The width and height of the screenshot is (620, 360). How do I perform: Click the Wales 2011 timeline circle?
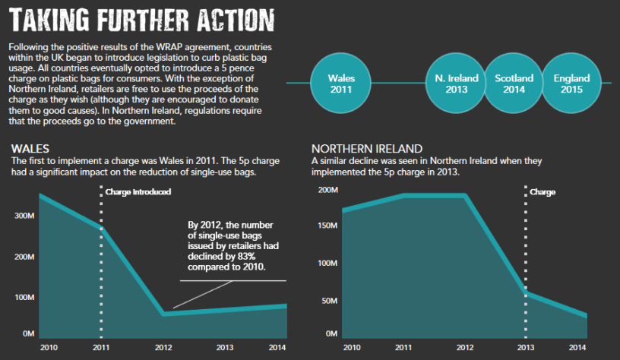tap(340, 84)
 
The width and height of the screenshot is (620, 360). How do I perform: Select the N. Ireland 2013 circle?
tap(456, 84)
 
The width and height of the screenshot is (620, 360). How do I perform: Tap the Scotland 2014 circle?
tap(514, 84)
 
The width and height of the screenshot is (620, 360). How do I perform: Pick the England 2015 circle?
tap(571, 84)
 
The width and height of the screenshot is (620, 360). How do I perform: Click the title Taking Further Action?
tap(143, 18)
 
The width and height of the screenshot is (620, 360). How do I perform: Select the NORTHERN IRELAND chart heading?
tap(366, 148)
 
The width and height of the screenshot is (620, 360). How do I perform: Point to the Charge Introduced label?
tap(138, 191)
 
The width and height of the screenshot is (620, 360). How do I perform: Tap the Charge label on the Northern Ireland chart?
tap(542, 191)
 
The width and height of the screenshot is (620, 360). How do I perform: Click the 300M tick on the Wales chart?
tap(24, 216)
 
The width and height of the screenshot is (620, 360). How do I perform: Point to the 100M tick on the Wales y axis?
tap(24, 296)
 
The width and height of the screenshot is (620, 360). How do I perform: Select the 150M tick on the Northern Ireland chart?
tap(327, 226)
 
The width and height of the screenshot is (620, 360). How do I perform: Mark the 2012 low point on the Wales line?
tap(163, 313)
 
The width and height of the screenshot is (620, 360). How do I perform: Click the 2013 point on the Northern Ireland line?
tap(526, 293)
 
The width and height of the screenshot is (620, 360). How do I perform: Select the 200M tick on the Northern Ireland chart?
tap(327, 189)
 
